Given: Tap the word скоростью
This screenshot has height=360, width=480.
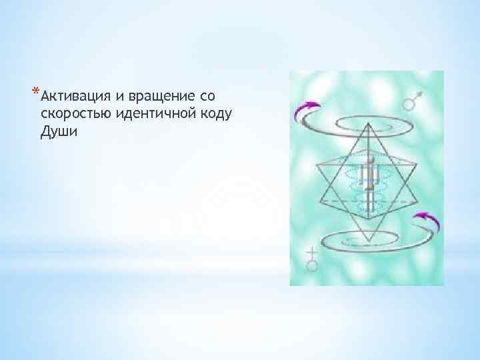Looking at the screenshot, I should click(71, 113).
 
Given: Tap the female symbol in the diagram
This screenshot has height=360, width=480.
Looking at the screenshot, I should click(310, 261).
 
